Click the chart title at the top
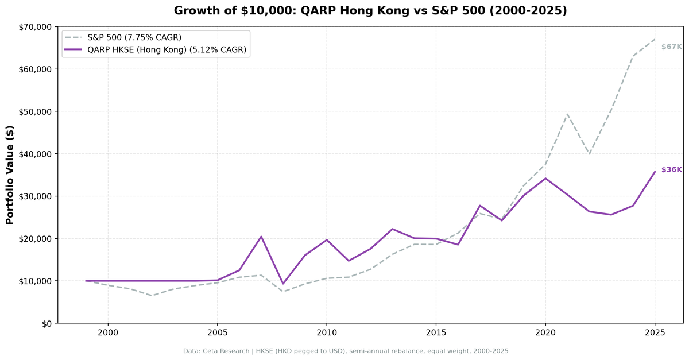point(370,11)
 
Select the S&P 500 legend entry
point(134,37)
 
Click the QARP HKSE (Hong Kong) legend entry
point(167,50)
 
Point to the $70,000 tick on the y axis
point(36,27)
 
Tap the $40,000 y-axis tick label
point(36,154)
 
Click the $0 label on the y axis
point(46,323)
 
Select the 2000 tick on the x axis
point(108,333)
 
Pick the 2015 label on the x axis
point(436,333)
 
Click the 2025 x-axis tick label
point(655,333)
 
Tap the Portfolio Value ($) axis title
point(10,175)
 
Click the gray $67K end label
point(671,47)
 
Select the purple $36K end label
point(671,170)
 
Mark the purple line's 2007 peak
point(261,237)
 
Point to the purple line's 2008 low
point(283,284)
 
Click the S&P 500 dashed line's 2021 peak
point(567,114)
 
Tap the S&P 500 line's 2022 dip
point(589,154)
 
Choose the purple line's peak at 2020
point(545,178)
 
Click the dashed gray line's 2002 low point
point(152,296)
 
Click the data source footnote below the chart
point(346,351)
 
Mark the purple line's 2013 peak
point(392,229)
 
